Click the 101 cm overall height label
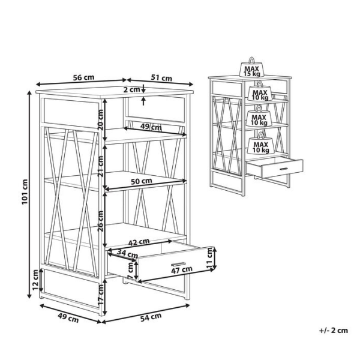(25, 192)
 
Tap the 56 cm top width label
(83, 77)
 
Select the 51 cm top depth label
(161, 78)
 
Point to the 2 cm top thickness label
(132, 89)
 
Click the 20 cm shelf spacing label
(101, 120)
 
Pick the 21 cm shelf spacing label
(101, 166)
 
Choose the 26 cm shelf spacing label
(101, 221)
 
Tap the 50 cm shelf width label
(142, 181)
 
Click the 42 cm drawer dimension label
(139, 242)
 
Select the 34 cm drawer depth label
(127, 253)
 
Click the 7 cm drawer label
(130, 271)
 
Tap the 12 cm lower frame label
(35, 280)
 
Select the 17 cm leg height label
(101, 295)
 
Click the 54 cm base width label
(151, 317)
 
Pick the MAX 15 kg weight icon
(252, 68)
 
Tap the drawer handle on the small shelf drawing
(284, 169)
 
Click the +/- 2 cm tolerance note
(334, 331)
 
